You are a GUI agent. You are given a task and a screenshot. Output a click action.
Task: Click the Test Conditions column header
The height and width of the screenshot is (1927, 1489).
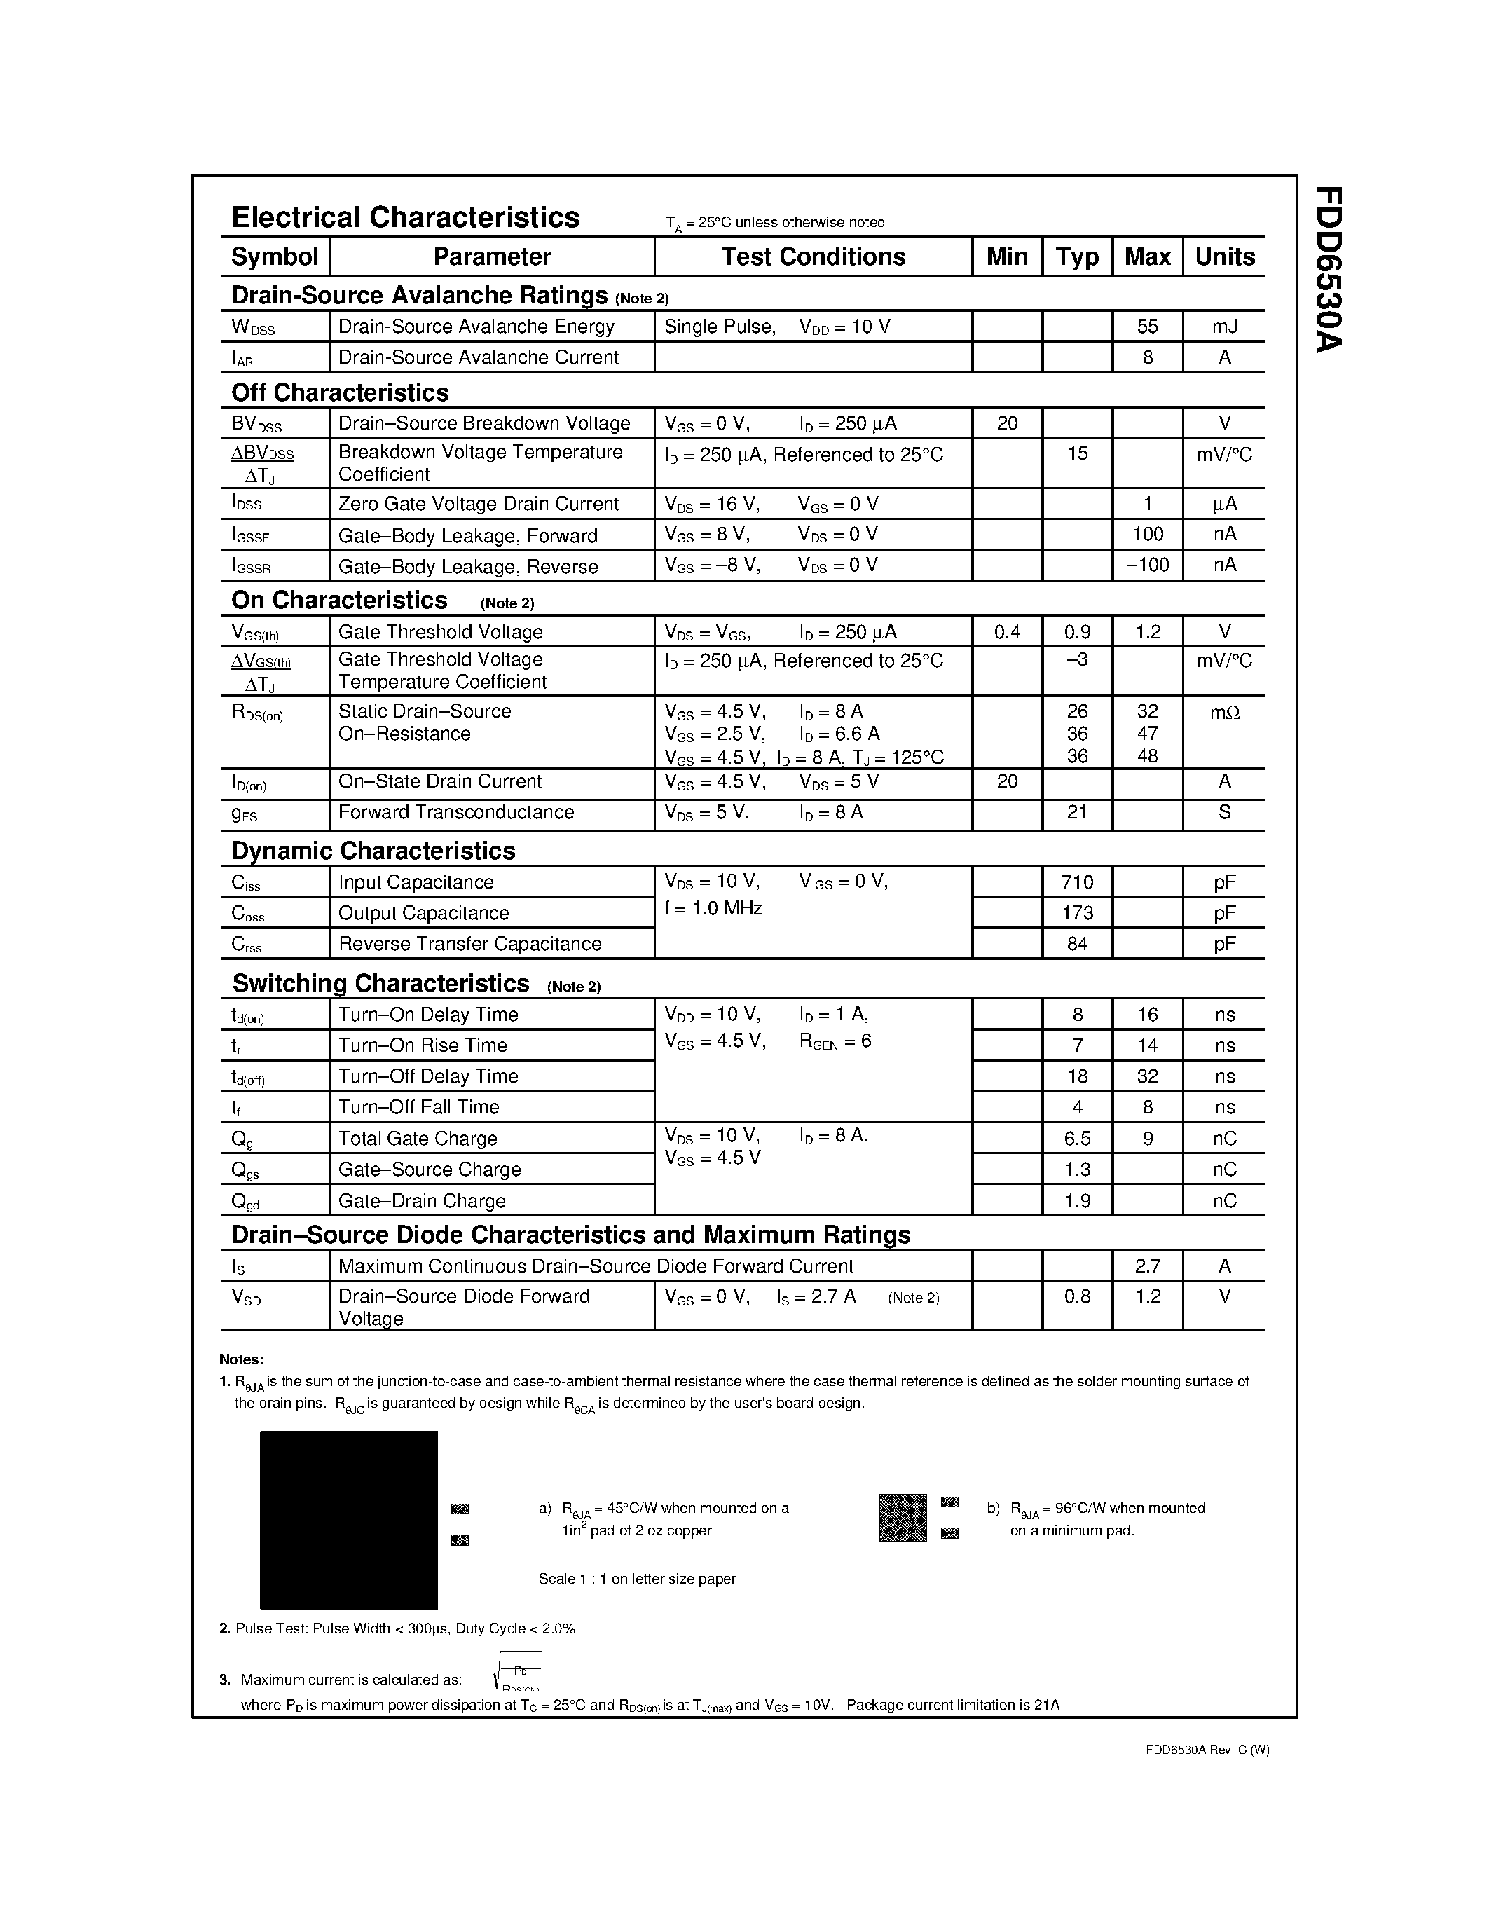(812, 256)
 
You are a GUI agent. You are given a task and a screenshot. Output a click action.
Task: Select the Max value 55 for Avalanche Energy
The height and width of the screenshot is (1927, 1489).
(1147, 327)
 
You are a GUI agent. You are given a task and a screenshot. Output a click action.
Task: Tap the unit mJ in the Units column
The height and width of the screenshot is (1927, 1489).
(1223, 327)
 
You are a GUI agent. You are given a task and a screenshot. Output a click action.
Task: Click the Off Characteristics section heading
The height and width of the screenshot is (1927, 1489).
(340, 392)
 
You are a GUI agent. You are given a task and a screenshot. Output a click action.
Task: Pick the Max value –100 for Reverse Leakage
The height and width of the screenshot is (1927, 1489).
(1147, 565)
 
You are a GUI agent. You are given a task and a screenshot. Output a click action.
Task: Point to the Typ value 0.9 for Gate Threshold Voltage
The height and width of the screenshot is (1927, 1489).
(1076, 632)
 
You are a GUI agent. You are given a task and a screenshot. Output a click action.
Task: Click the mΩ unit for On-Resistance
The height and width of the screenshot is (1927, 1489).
(1223, 712)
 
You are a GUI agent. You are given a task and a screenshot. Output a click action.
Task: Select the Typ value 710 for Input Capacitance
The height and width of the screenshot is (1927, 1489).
(1077, 882)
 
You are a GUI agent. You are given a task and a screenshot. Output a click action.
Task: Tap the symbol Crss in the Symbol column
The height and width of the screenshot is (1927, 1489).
(246, 944)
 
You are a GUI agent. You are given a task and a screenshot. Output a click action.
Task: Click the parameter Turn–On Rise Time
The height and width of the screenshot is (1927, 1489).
(423, 1045)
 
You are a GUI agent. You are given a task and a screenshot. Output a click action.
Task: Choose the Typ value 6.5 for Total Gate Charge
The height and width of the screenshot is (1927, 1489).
(1077, 1138)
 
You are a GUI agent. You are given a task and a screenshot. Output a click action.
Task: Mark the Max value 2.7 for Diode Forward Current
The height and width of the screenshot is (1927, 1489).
(1147, 1266)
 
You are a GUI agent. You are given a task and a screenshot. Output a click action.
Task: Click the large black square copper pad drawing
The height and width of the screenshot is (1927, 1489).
(348, 1519)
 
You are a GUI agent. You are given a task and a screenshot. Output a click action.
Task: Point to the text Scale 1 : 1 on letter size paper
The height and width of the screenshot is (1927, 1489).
(637, 1579)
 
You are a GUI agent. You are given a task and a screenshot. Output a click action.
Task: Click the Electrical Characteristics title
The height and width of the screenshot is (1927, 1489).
(405, 218)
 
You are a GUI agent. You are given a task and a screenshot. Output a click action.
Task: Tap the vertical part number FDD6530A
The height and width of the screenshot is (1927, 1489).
(1328, 269)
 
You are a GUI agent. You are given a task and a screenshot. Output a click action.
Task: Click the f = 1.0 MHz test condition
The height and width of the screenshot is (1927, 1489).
(713, 909)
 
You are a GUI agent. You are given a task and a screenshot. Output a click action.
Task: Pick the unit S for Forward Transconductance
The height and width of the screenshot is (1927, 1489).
(1223, 811)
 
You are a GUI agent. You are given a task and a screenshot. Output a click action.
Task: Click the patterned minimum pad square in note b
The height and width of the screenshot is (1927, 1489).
(903, 1518)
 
